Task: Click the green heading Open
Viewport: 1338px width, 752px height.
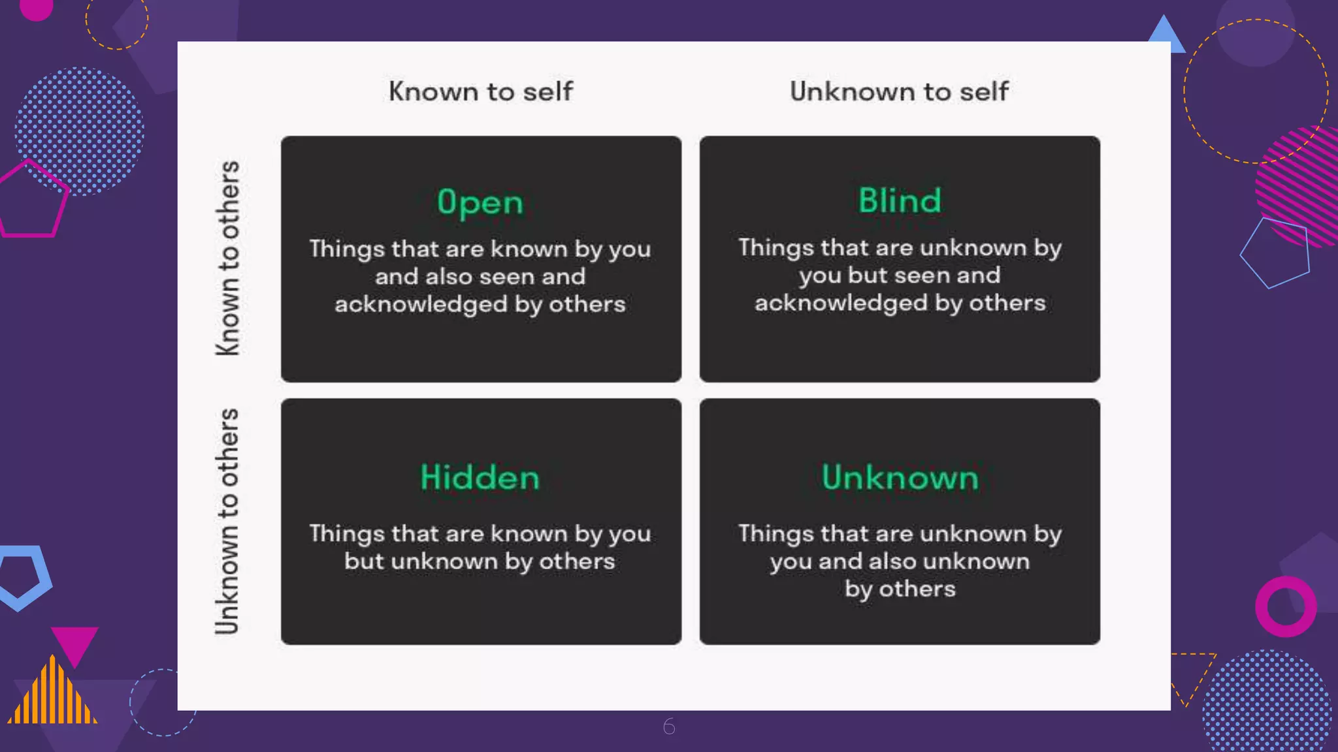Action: [x=480, y=202]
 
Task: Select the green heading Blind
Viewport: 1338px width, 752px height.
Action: [x=900, y=200]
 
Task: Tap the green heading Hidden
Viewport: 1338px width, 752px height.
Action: [x=480, y=477]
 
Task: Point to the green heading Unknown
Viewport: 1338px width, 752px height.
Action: [x=900, y=477]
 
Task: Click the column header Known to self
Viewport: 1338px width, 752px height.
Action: [x=481, y=91]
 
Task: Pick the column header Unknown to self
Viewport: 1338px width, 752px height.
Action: [x=899, y=91]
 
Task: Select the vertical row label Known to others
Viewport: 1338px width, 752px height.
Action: [x=228, y=258]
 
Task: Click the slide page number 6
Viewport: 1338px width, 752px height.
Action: [x=669, y=726]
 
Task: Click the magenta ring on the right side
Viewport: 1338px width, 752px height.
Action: [x=1286, y=606]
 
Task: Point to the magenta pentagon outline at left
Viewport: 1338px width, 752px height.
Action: [x=33, y=199]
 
